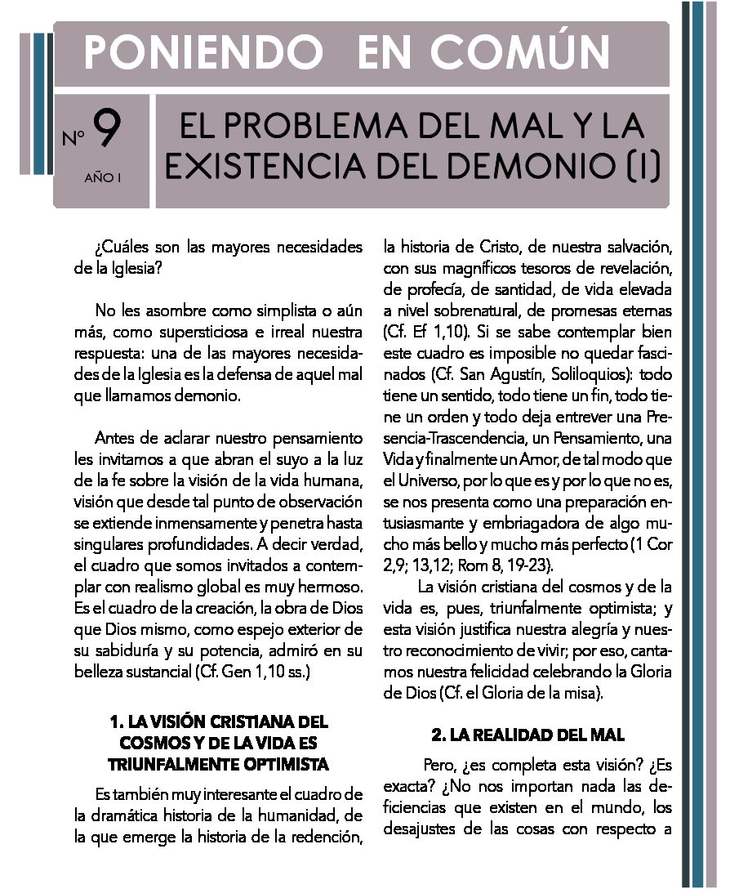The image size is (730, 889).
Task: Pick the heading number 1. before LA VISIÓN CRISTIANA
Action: tap(117, 722)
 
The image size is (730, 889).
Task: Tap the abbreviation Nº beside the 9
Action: tap(74, 136)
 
